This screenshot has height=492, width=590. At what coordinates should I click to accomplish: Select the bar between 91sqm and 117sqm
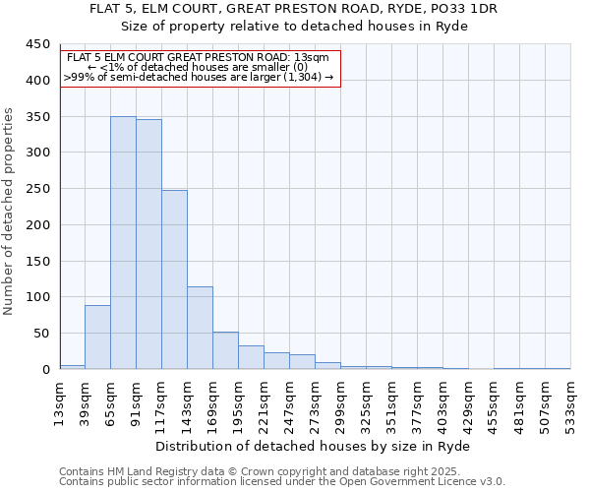tap(148, 244)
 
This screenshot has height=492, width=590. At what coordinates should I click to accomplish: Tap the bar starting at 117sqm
tap(174, 279)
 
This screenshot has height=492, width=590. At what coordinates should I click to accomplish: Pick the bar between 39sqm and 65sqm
tap(97, 338)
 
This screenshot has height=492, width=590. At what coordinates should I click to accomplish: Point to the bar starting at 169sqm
tap(225, 350)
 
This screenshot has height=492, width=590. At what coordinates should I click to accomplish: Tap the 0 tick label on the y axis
tap(45, 370)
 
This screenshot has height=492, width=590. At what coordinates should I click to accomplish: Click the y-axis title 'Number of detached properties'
tap(10, 212)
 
